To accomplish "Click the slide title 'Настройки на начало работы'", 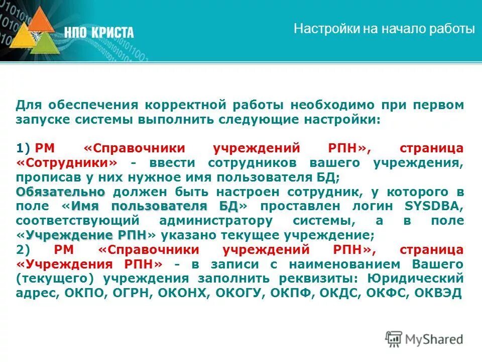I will [x=384, y=29].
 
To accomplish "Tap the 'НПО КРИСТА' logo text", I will [x=99, y=33].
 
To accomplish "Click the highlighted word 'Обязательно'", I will [x=61, y=192].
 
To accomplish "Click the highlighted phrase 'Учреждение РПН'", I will [x=86, y=235].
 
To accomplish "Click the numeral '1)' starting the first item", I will [x=23, y=148].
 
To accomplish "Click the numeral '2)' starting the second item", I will [x=23, y=250].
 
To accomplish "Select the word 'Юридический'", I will [x=414, y=279].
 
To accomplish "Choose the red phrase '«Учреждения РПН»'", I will [x=89, y=264].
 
